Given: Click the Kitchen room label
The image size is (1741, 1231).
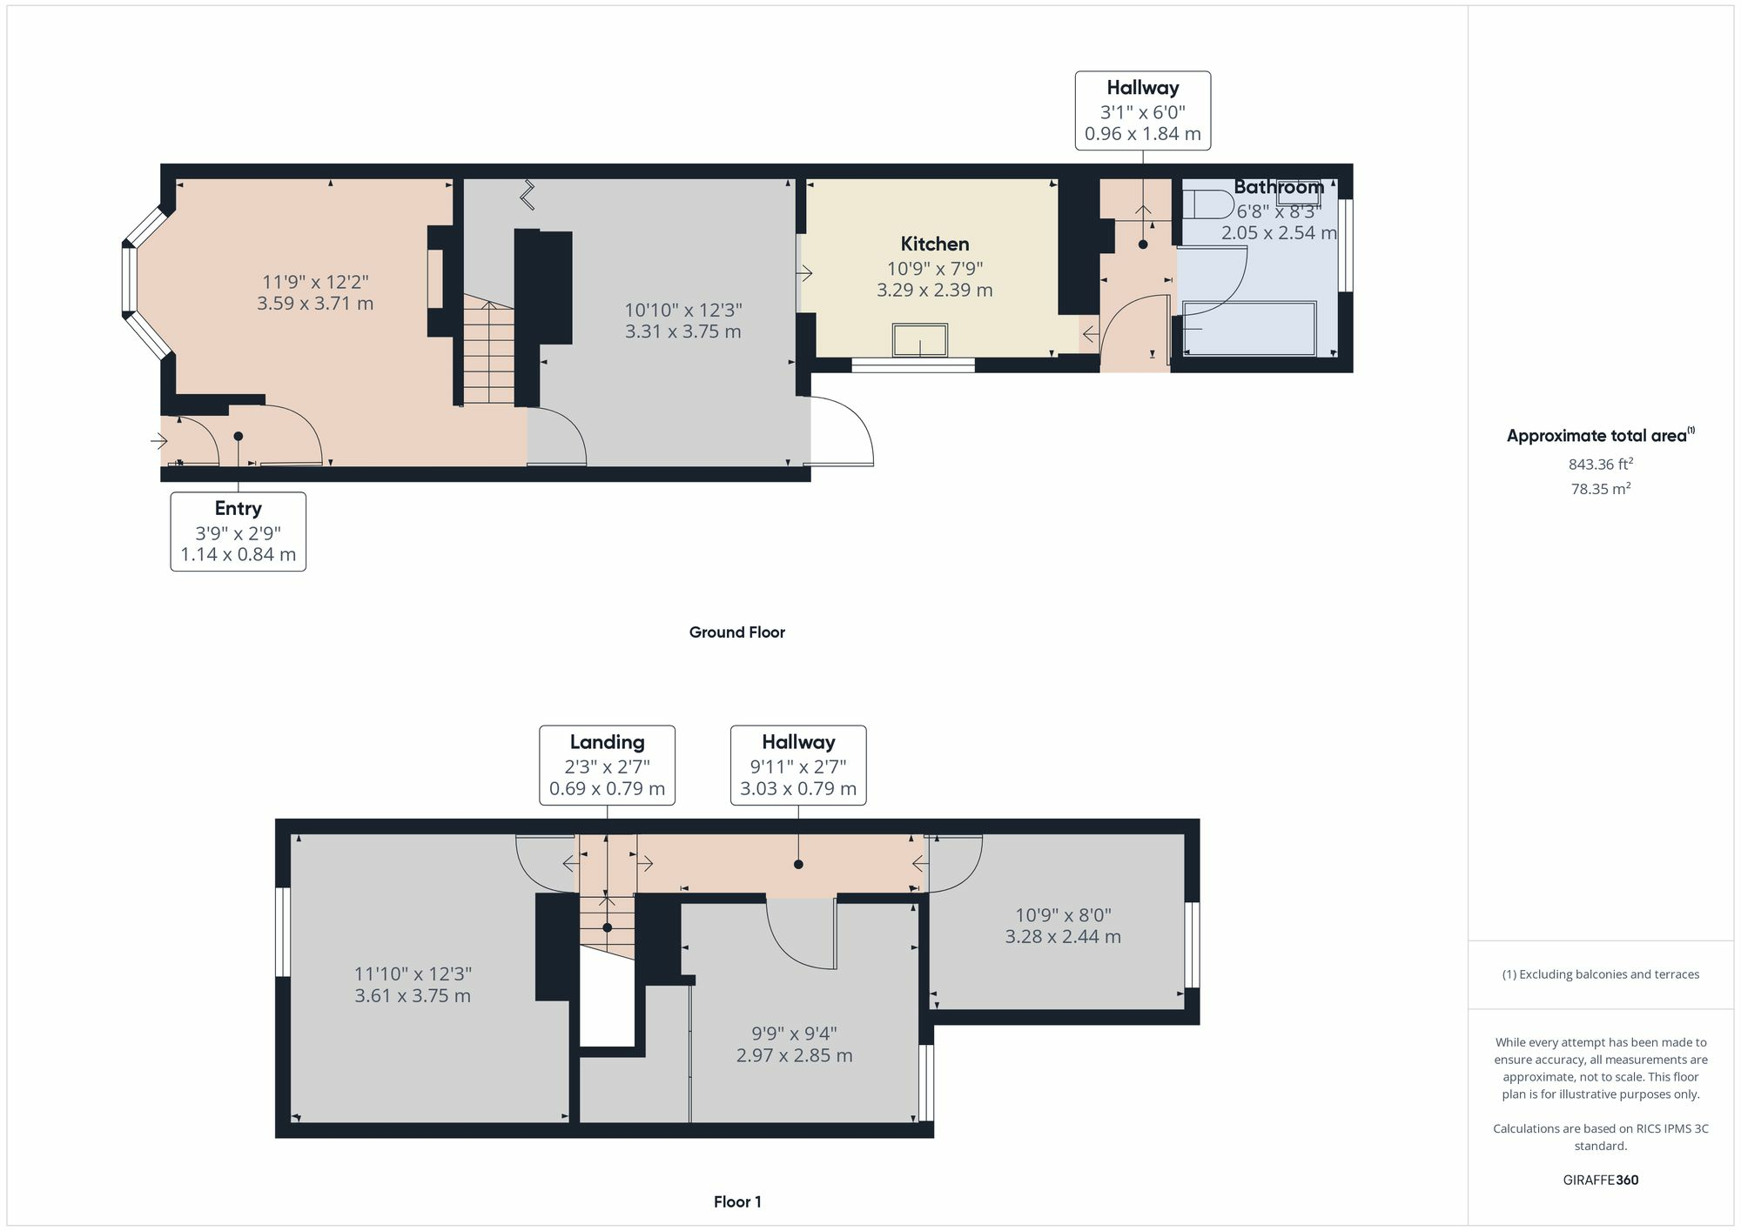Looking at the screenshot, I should pyautogui.click(x=934, y=244).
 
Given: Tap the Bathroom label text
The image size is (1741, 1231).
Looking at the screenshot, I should pyautogui.click(x=1278, y=187).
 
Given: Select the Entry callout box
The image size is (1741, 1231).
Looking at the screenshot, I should pyautogui.click(x=238, y=531).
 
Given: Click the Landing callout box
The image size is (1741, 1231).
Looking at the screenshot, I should pyautogui.click(x=607, y=765).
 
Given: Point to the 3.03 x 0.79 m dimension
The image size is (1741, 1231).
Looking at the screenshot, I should pyautogui.click(x=798, y=789).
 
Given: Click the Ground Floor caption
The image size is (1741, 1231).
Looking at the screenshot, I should pyautogui.click(x=736, y=632).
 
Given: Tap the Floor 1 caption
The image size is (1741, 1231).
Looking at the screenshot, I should pyautogui.click(x=736, y=1201).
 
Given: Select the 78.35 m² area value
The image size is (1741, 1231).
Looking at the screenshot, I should pyautogui.click(x=1600, y=489).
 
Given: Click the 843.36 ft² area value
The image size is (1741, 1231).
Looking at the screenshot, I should pyautogui.click(x=1600, y=465).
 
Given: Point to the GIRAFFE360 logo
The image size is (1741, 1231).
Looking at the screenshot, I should pyautogui.click(x=1600, y=1180).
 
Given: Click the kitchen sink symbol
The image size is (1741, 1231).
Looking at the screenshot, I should pyautogui.click(x=920, y=340).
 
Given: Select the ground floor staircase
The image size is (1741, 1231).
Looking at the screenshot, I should pyautogui.click(x=488, y=352).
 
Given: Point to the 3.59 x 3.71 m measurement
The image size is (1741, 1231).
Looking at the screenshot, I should pyautogui.click(x=315, y=304).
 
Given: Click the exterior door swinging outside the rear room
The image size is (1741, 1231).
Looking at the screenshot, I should pyautogui.click(x=842, y=432).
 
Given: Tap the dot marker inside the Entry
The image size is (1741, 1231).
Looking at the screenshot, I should pyautogui.click(x=238, y=437).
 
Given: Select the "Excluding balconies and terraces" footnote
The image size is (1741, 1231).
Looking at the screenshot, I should pyautogui.click(x=1600, y=974).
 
